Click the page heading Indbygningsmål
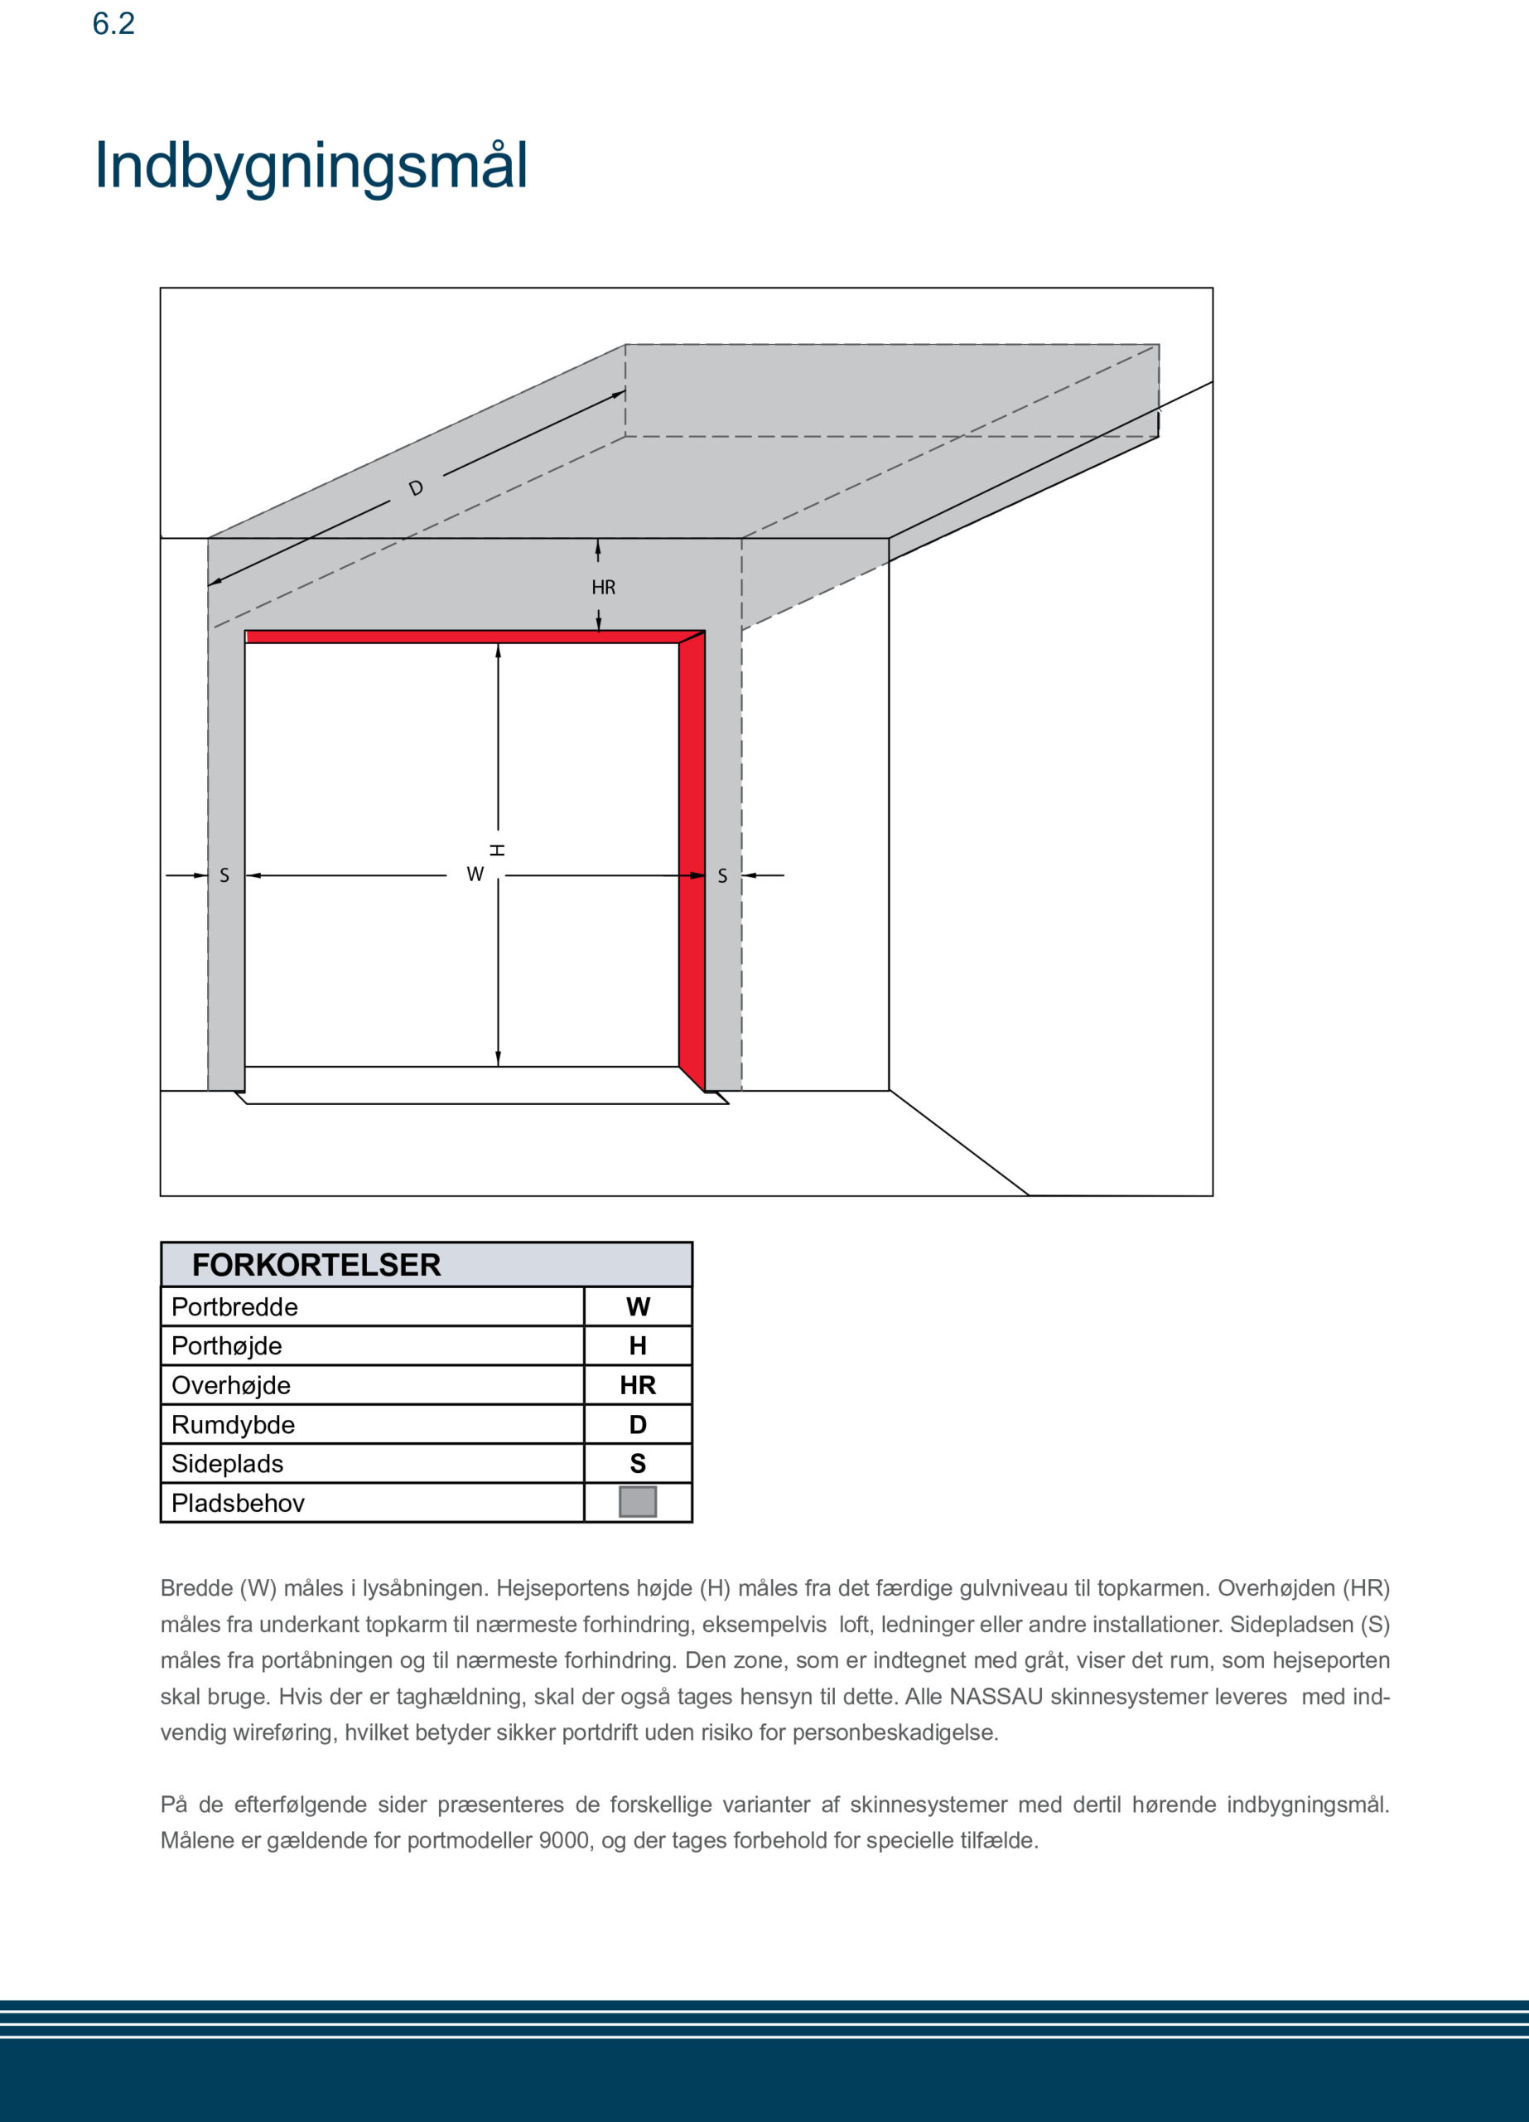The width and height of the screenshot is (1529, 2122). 311,167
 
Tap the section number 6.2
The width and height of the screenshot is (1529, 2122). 113,23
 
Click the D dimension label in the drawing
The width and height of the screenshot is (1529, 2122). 416,488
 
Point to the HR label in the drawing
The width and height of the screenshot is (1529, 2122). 603,588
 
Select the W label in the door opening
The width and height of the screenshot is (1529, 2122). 475,874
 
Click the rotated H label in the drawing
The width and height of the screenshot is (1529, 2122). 498,850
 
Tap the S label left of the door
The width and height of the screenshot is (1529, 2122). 224,876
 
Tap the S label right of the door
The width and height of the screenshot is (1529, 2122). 722,876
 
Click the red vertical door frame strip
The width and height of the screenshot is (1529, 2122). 692,860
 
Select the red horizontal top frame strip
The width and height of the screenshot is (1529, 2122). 463,637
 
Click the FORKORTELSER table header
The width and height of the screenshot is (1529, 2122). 316,1265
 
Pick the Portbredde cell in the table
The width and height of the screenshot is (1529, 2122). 234,1307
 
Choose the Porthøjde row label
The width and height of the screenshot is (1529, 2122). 226,1346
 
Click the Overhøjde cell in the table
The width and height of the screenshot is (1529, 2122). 231,1386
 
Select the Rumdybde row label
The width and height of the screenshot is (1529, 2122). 233,1425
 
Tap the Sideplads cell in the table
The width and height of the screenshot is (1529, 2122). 227,1464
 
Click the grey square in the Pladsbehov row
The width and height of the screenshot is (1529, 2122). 638,1502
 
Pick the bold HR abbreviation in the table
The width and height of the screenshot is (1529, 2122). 638,1386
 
